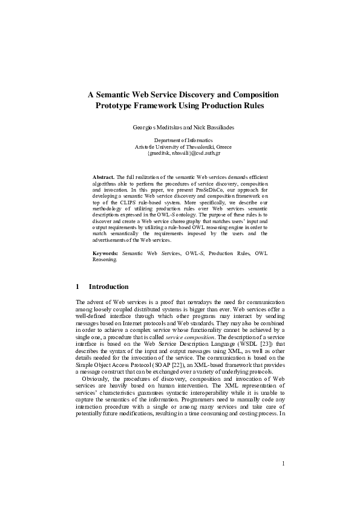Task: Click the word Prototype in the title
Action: (x=116, y=106)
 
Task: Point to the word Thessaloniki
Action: (x=208, y=146)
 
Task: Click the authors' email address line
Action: (x=180, y=153)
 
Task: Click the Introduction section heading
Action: (x=108, y=286)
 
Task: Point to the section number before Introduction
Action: (x=78, y=286)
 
